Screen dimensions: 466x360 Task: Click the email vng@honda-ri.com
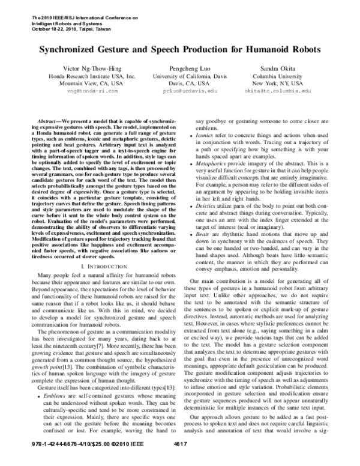86,92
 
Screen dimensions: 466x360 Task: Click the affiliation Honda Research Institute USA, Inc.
86,76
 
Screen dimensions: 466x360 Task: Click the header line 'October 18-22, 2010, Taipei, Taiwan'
70,28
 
